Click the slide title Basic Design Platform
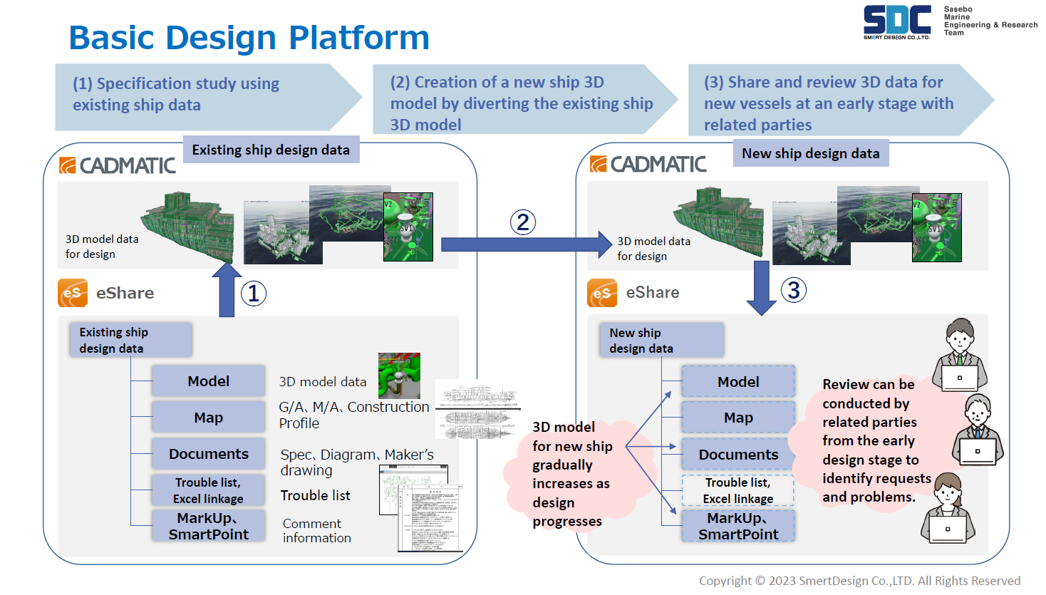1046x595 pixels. [249, 38]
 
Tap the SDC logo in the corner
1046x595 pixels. [896, 22]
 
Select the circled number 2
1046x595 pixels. [523, 222]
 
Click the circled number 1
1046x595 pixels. [254, 294]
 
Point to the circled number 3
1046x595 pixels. [794, 290]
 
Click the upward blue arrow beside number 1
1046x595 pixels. [227, 289]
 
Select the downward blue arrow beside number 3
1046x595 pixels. [761, 287]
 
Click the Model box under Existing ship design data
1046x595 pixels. [208, 381]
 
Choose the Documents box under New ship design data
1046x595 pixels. [738, 455]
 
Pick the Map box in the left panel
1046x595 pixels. [208, 418]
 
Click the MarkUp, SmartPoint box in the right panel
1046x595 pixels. [738, 527]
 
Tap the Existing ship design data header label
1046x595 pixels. [271, 150]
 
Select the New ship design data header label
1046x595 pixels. [810, 153]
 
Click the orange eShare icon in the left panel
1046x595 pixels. [73, 293]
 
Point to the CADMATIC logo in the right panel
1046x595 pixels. [648, 165]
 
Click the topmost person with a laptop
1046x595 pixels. [959, 354]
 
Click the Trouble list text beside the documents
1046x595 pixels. [315, 495]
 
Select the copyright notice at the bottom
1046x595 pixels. [859, 581]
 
